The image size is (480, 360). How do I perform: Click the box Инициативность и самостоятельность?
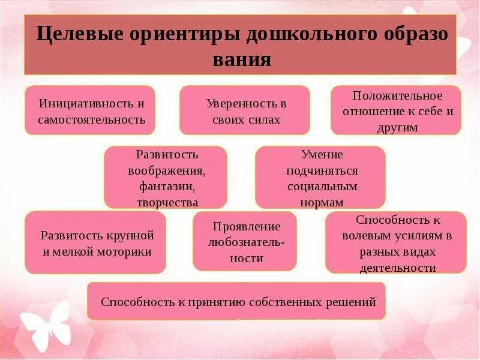point(91,110)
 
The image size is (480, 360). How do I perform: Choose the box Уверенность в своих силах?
point(245,110)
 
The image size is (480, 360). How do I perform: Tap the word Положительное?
point(397,96)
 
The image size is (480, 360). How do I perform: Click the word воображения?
point(167,170)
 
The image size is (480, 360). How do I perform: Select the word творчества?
point(167,202)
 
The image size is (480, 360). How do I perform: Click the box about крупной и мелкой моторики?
point(96,243)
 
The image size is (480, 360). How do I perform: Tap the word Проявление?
point(246,226)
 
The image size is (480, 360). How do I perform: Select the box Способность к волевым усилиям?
point(396,243)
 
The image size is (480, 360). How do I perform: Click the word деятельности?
point(397,268)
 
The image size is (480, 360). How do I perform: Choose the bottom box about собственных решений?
point(237,301)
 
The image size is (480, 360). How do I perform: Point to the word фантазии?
point(167,186)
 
